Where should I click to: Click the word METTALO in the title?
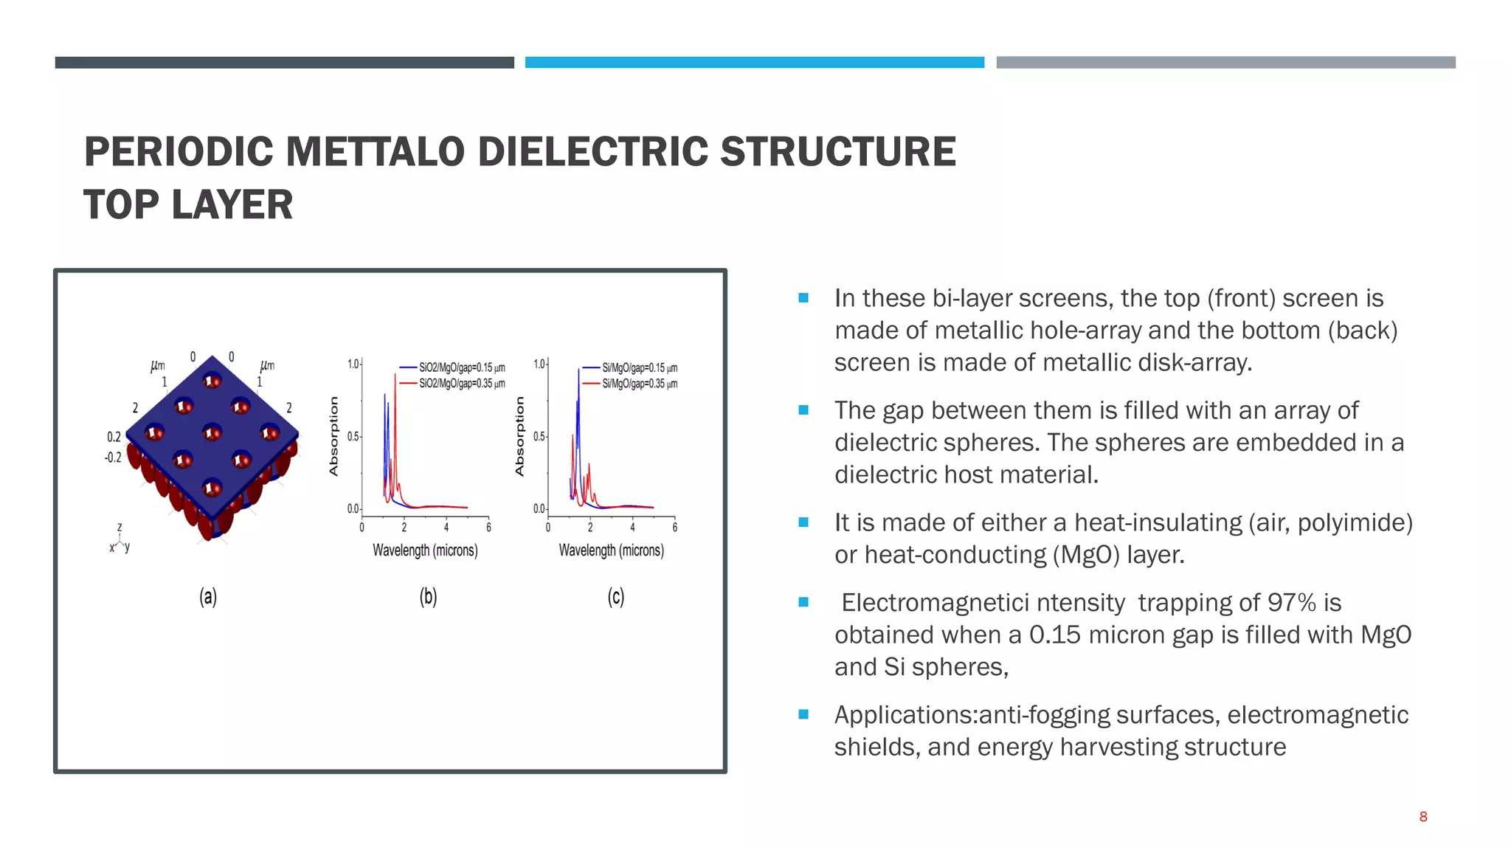374,151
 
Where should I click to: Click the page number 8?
1423,817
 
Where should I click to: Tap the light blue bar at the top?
754,63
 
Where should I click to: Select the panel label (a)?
208,596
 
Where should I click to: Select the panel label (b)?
428,596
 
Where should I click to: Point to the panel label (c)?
615,596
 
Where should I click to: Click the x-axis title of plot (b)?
425,550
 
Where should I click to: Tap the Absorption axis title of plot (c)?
519,436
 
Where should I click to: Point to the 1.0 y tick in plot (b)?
353,364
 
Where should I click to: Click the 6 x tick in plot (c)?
674,528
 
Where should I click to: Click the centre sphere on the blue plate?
212,432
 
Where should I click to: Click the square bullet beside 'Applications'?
803,714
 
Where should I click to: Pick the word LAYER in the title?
232,204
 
